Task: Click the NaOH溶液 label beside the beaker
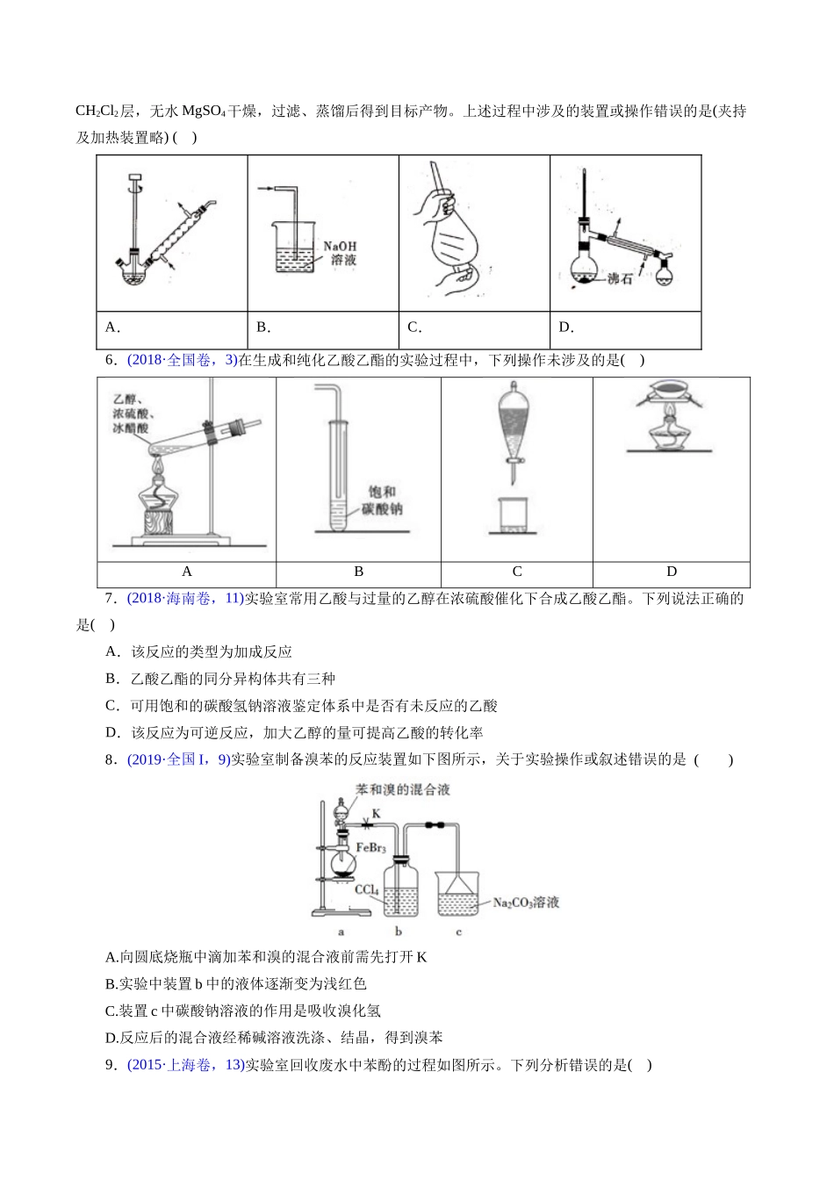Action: tap(339, 254)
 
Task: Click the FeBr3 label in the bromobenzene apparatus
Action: tap(370, 847)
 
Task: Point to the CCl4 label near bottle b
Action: tap(367, 889)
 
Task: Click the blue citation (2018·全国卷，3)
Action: tap(182, 360)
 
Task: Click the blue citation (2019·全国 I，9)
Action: tap(178, 759)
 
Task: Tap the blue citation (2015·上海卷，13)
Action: tap(185, 1065)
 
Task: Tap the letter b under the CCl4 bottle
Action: tap(399, 932)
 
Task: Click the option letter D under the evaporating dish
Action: tap(672, 572)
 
